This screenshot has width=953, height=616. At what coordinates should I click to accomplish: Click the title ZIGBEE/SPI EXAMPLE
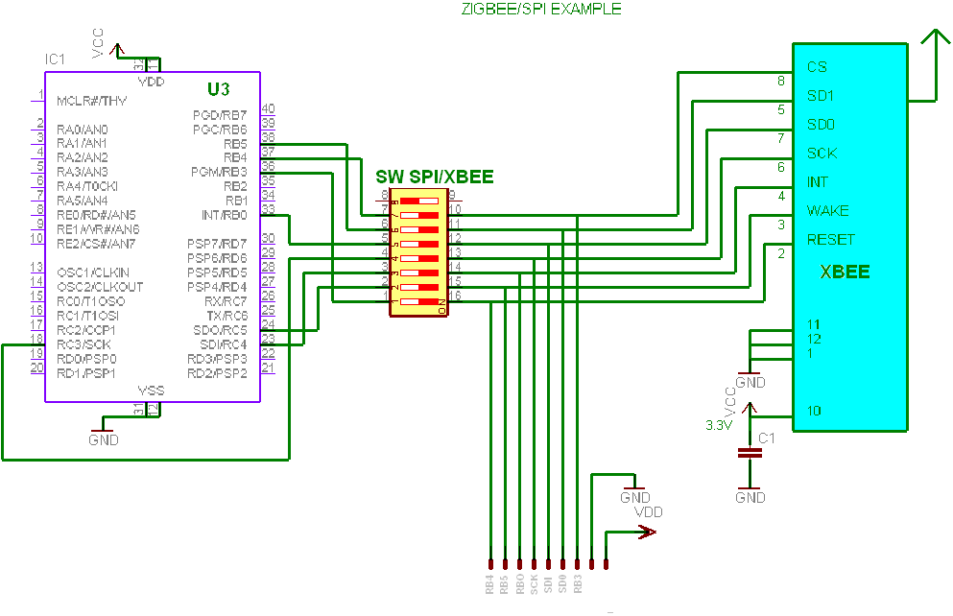tap(541, 9)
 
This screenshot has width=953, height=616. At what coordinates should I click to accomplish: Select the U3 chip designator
tap(219, 89)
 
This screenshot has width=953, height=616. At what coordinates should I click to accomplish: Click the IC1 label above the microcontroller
tap(55, 59)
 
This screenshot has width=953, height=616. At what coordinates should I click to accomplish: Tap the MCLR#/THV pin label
tap(92, 100)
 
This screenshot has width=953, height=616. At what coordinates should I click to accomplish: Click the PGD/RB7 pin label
tap(220, 114)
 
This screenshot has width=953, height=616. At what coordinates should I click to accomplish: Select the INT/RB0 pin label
tap(224, 215)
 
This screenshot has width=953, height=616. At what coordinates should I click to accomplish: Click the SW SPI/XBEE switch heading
tap(434, 177)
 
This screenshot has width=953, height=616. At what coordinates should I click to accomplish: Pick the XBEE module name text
tap(845, 272)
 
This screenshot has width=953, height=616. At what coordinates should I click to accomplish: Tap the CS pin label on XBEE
tap(817, 67)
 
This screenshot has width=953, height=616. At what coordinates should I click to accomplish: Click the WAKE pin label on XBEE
tap(827, 210)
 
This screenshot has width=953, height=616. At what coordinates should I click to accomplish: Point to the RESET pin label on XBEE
tap(830, 239)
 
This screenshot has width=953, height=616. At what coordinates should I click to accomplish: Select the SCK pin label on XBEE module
tap(822, 153)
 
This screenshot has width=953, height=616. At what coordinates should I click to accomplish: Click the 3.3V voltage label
tap(719, 424)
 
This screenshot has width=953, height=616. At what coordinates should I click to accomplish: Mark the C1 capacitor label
tap(767, 438)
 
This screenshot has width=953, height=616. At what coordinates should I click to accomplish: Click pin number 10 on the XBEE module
tap(813, 411)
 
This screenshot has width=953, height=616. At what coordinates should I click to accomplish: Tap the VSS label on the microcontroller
tap(151, 390)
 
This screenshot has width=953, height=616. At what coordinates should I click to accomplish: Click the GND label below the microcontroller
tap(104, 439)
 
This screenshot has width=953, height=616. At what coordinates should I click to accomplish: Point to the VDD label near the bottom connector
tap(649, 511)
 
